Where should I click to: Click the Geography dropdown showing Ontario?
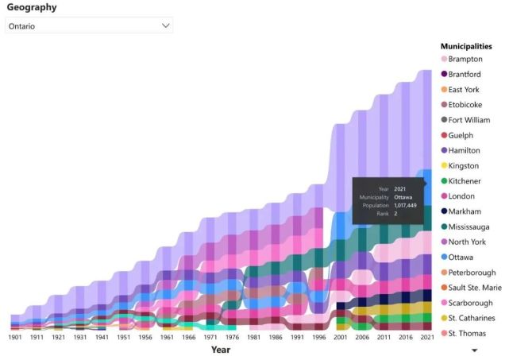(x=88, y=25)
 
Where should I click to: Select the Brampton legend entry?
(x=465, y=59)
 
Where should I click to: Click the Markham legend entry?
(x=465, y=211)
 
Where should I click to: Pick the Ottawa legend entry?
(x=461, y=257)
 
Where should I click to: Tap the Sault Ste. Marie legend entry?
(x=474, y=288)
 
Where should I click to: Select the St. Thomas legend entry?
(x=466, y=333)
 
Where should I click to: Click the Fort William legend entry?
(x=469, y=120)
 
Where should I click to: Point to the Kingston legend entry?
(x=463, y=166)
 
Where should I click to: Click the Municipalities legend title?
(x=466, y=46)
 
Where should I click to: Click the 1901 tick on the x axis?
(x=15, y=337)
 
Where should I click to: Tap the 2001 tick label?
(x=341, y=337)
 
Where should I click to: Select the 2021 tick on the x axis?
(x=427, y=337)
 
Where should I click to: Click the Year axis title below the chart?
(x=221, y=350)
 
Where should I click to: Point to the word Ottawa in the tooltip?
(x=403, y=196)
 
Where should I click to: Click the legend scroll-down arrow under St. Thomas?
(x=475, y=350)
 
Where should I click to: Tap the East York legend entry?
(x=464, y=90)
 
